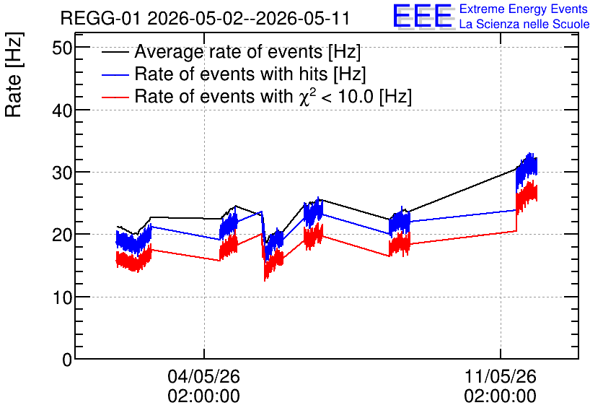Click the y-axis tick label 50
point(62,48)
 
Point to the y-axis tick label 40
point(62,111)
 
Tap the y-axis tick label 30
point(62,173)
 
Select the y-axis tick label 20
point(62,235)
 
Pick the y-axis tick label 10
point(62,298)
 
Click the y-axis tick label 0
point(67,360)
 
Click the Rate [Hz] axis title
point(14,74)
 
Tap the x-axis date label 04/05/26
point(203,376)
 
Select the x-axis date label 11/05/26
point(500,376)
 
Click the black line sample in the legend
point(115,52)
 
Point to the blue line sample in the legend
point(115,74)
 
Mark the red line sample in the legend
point(115,97)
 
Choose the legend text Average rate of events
point(229,52)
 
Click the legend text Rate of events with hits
point(231,74)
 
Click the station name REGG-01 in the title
point(101,18)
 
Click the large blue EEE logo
point(423,16)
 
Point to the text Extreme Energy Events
point(524,9)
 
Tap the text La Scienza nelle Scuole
point(524,24)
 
